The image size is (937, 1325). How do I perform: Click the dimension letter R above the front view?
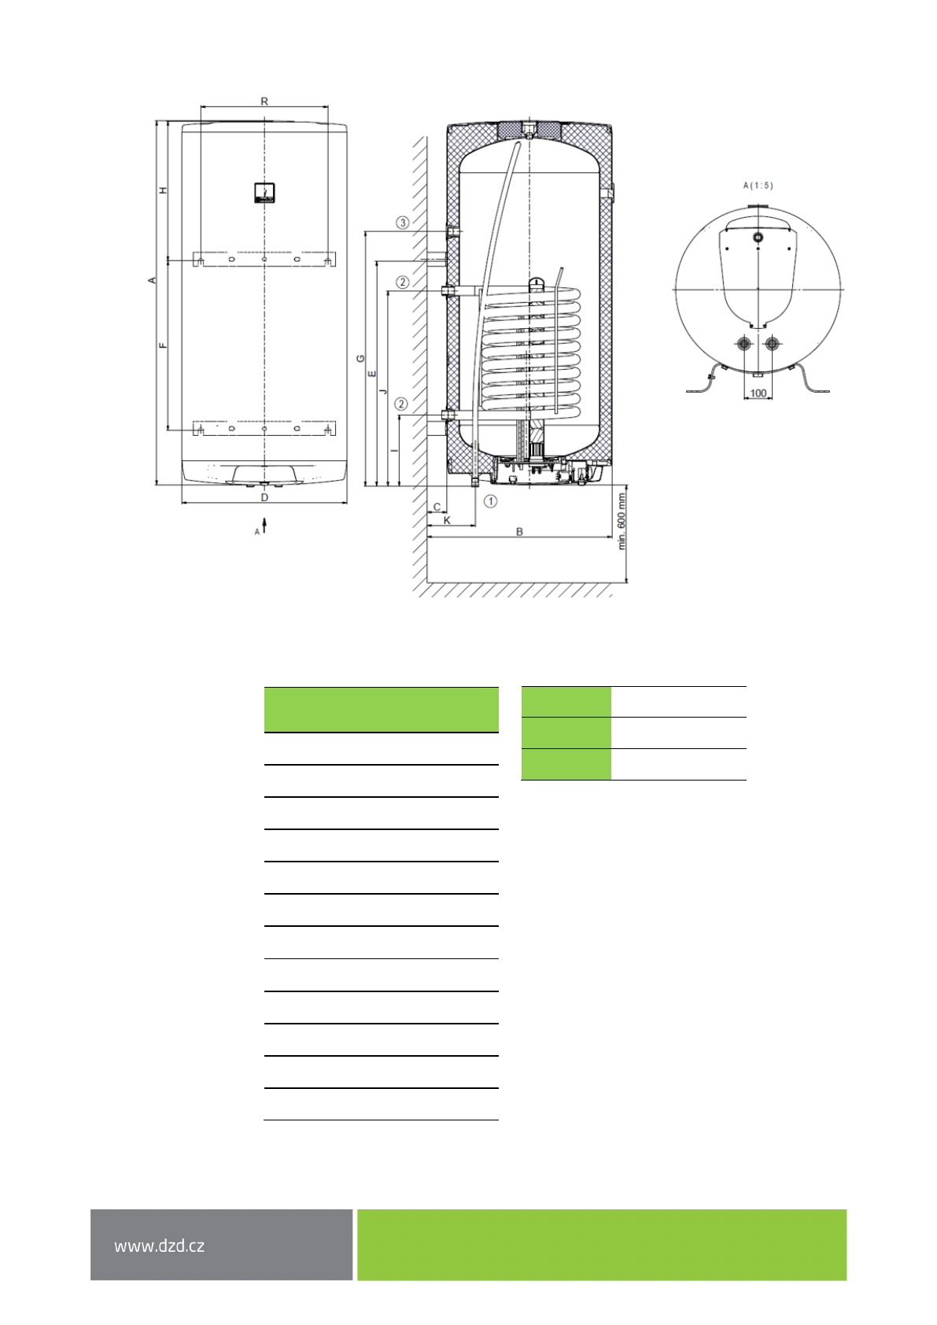coord(264,101)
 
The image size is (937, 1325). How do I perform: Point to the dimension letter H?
coord(164,190)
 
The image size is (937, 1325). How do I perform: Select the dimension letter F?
coord(164,345)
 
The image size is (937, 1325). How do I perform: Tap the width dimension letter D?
coord(264,497)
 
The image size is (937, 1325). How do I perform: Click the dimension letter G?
coord(361,359)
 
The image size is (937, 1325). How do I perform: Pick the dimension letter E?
coord(372,374)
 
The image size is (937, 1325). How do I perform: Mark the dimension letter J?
coord(383,391)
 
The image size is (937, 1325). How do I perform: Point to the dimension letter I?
coord(395,451)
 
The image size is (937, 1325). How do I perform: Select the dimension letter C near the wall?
coord(437,507)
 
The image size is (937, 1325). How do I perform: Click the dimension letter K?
coord(447,520)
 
